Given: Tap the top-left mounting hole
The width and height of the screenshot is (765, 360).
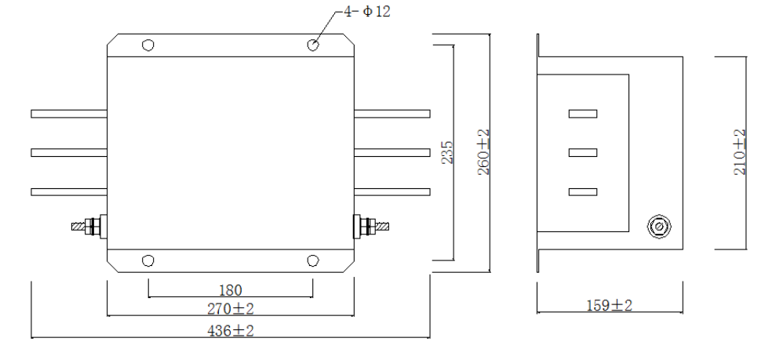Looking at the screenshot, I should point(148,45).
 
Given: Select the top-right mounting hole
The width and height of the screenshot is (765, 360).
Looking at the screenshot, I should point(313,45).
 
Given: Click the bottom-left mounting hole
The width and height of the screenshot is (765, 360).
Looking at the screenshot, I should point(148,260).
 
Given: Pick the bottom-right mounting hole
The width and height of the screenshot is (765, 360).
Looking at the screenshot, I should point(313,260).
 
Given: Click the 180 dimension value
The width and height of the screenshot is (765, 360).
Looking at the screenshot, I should point(231,289).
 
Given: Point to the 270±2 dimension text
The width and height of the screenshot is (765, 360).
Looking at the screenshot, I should point(231,308).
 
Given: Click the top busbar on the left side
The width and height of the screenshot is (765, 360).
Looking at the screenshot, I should point(68,114).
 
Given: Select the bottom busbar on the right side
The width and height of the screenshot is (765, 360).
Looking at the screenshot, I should point(392,191).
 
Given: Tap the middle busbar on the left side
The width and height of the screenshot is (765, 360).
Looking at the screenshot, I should point(68,152).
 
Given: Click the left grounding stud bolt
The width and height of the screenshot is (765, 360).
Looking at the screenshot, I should point(87,227).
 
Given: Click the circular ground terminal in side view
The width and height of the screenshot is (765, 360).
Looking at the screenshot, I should point(657,227).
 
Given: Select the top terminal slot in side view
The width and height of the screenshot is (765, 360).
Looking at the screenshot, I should point(582,114).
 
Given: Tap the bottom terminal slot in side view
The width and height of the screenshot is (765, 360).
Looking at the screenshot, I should point(582,191).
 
